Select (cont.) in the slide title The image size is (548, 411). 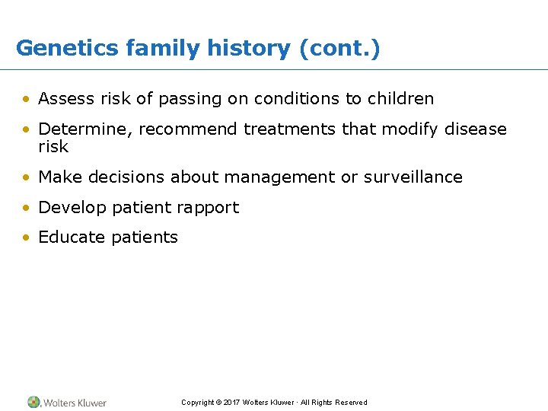click(339, 49)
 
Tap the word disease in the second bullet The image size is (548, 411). click(476, 129)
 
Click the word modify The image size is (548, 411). click(411, 129)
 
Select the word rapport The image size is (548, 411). click(209, 208)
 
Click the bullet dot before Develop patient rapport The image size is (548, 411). click(27, 208)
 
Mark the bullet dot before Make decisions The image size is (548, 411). click(27, 177)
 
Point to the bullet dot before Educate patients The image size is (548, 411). click(27, 237)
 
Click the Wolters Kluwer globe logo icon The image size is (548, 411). click(34, 402)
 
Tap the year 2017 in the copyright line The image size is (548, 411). click(232, 403)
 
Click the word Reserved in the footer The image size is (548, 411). click(350, 403)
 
